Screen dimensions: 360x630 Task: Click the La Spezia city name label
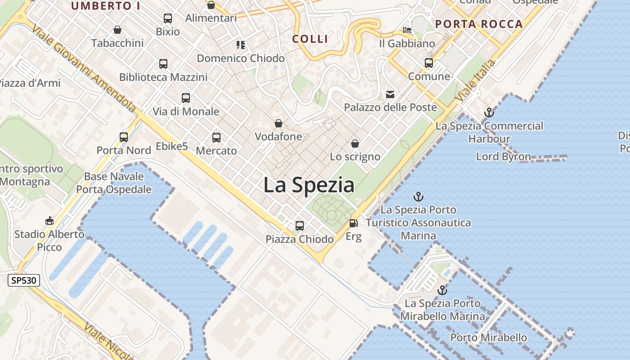point(309,185)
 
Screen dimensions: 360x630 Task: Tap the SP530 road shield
point(24,281)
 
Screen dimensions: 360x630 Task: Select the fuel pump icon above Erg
point(354,223)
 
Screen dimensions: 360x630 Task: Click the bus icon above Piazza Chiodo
point(300,225)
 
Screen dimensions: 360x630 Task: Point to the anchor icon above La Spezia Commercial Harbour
point(489,112)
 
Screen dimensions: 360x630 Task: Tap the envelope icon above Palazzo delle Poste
point(390,94)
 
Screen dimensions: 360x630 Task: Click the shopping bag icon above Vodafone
point(279,123)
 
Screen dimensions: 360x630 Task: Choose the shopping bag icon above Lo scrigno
point(355,144)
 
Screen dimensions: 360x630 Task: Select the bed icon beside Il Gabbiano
point(407,30)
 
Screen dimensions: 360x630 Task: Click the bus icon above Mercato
point(216,137)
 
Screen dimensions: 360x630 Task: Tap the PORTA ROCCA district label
point(479,24)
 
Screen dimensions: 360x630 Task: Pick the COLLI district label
point(310,39)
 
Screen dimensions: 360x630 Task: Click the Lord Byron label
point(504,157)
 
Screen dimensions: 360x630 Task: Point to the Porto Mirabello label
point(489,337)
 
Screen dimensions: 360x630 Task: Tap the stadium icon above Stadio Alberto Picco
point(49,220)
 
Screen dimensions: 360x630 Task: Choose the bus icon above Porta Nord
point(124,137)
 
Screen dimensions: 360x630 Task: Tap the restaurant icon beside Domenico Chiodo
point(241,45)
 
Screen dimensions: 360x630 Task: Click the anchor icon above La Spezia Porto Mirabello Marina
point(443,290)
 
